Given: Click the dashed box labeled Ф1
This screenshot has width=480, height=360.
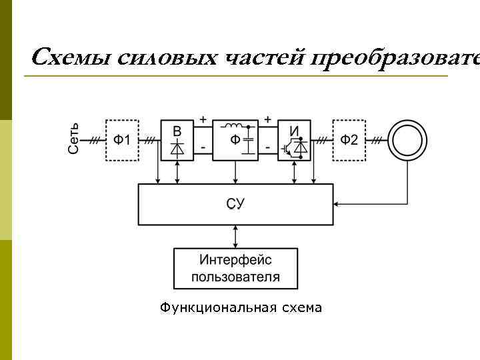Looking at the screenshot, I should [x=122, y=140].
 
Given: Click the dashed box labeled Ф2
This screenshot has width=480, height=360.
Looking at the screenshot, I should [x=349, y=140].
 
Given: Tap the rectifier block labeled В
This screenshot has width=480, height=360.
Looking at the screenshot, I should [x=177, y=140].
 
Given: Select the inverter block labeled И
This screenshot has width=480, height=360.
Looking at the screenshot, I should [x=295, y=140].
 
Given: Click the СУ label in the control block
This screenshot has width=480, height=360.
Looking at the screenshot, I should [x=235, y=204].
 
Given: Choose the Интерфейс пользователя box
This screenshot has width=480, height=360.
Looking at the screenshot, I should [x=235, y=268].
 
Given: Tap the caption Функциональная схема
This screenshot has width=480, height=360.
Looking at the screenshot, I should [x=241, y=307].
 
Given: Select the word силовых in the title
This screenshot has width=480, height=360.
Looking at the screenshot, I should [x=166, y=59].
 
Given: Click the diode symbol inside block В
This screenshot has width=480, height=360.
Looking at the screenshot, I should [x=177, y=149].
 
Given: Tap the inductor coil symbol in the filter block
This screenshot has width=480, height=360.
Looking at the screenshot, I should [x=233, y=127].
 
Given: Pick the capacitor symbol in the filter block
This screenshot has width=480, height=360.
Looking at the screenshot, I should [x=249, y=143].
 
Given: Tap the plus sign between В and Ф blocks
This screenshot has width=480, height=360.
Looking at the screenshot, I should [x=203, y=119].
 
